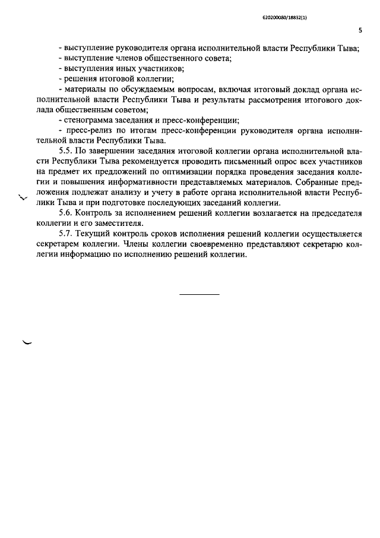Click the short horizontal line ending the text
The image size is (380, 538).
(x=199, y=295)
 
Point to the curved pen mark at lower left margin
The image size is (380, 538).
(x=27, y=342)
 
